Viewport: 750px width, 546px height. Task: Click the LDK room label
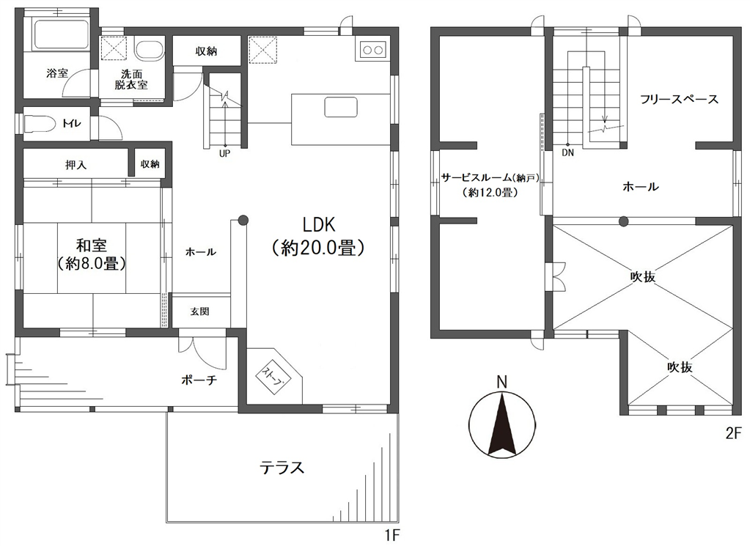pyautogui.click(x=319, y=224)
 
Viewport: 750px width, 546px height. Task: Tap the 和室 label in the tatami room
pyautogui.click(x=92, y=246)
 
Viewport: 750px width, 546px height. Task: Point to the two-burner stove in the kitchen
pyautogui.click(x=372, y=49)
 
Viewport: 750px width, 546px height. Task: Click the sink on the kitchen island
pyautogui.click(x=341, y=106)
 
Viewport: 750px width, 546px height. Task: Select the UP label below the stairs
pyautogui.click(x=225, y=154)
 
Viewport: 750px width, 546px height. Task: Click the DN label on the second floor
pyautogui.click(x=567, y=153)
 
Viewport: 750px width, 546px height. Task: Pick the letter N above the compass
pyautogui.click(x=501, y=382)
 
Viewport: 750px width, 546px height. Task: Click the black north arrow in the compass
pyautogui.click(x=501, y=424)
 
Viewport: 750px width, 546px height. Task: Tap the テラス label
pyautogui.click(x=282, y=467)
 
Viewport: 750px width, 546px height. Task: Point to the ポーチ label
pyautogui.click(x=199, y=380)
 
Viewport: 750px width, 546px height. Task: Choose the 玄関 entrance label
pyautogui.click(x=200, y=311)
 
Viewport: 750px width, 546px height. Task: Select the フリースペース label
pyautogui.click(x=679, y=100)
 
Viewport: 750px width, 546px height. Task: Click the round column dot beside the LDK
pyautogui.click(x=243, y=221)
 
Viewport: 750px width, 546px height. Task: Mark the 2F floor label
pyautogui.click(x=733, y=434)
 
